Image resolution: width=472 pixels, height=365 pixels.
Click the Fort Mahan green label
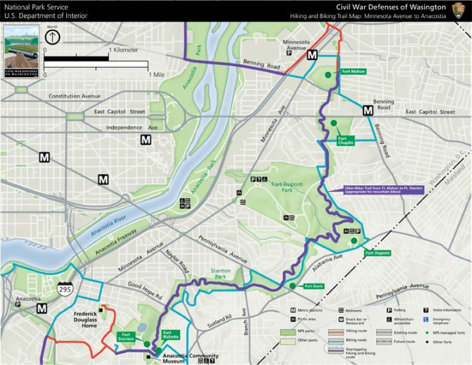[x=354, y=71]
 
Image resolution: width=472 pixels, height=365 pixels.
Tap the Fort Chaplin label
[x=346, y=140]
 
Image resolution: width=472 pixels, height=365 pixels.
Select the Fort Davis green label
[x=314, y=286]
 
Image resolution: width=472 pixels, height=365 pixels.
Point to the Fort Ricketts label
[x=171, y=335]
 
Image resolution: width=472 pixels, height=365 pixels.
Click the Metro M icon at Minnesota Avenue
[x=311, y=56]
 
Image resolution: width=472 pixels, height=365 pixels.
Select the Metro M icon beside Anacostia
[x=42, y=308]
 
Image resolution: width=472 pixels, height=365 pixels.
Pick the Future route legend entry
[x=404, y=342]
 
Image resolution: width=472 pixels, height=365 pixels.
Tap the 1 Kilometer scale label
[x=124, y=50]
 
